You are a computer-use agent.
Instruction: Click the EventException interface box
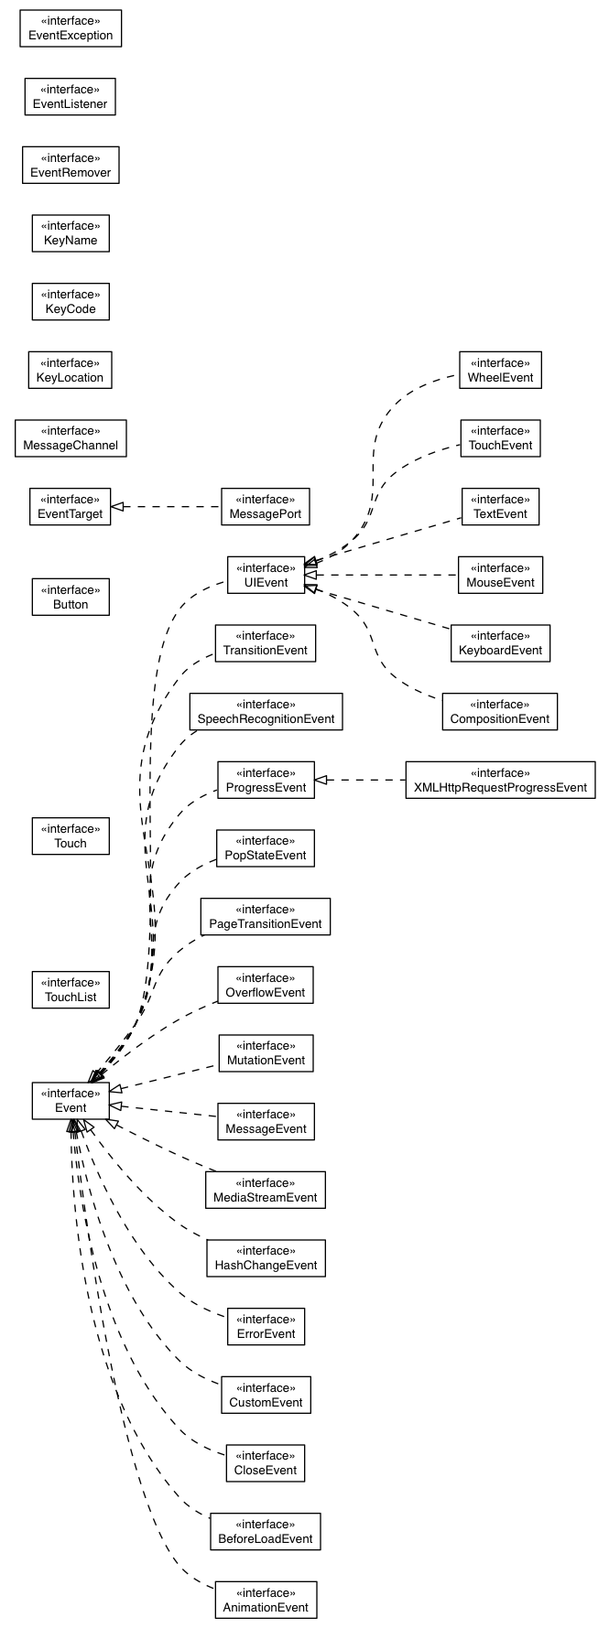pyautogui.click(x=71, y=28)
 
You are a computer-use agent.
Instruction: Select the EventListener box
pyautogui.click(x=71, y=97)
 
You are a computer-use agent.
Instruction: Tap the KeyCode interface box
pyautogui.click(x=71, y=302)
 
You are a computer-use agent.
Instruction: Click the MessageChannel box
pyautogui.click(x=71, y=438)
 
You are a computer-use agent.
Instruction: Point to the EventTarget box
pyautogui.click(x=71, y=507)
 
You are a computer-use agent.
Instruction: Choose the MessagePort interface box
pyautogui.click(x=266, y=507)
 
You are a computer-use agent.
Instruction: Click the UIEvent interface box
pyautogui.click(x=266, y=575)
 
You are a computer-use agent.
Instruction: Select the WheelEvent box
pyautogui.click(x=500, y=370)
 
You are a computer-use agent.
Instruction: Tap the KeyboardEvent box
pyautogui.click(x=500, y=643)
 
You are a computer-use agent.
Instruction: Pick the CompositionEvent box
pyautogui.click(x=499, y=712)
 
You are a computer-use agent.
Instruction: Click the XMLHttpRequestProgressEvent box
pyautogui.click(x=499, y=780)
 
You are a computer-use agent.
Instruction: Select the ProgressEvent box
pyautogui.click(x=266, y=780)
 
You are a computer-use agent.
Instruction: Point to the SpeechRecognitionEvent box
pyautogui.click(x=266, y=712)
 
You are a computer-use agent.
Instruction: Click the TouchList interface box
pyautogui.click(x=71, y=990)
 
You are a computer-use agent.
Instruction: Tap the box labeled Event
pyautogui.click(x=71, y=1101)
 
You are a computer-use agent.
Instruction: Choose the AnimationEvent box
pyautogui.click(x=266, y=1600)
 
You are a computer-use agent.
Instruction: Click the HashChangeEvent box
pyautogui.click(x=266, y=1258)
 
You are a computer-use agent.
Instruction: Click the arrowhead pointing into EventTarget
pyautogui.click(x=117, y=506)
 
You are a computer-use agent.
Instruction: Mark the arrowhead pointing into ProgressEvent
pyautogui.click(x=321, y=780)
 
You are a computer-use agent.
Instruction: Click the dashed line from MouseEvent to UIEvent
pyautogui.click(x=385, y=575)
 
